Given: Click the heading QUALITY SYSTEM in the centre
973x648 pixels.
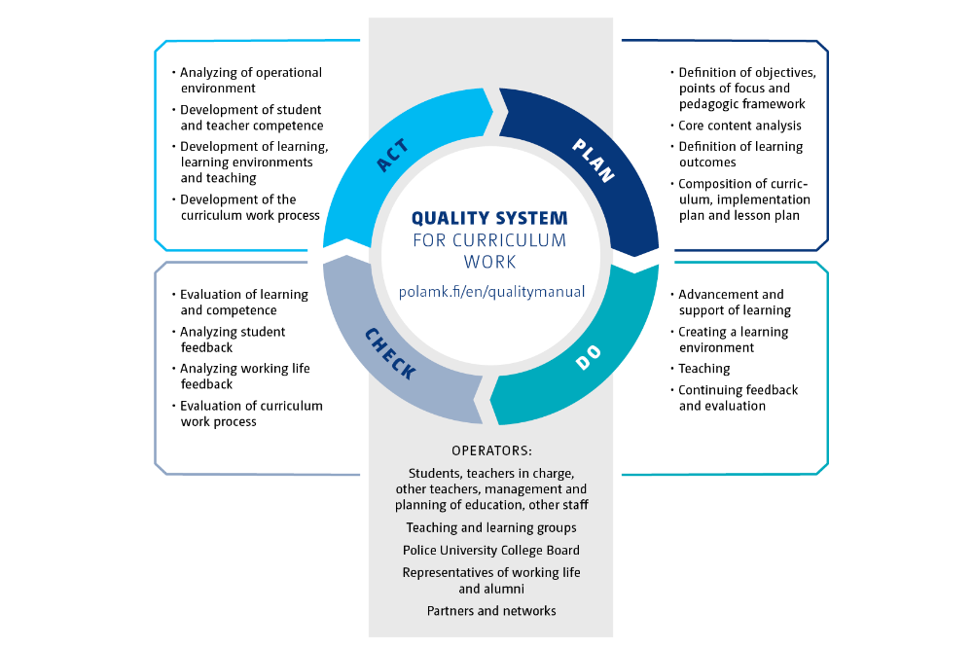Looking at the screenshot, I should tap(489, 218).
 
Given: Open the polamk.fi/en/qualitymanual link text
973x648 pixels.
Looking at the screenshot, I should tap(491, 290).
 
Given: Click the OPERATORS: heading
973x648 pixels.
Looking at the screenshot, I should tap(491, 450).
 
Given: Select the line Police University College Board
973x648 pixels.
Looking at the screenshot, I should tap(491, 550).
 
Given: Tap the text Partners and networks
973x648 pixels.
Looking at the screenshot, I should tap(491, 610).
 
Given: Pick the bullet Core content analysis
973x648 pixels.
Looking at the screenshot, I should tap(739, 126).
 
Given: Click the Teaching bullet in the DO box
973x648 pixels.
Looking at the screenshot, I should tap(703, 369).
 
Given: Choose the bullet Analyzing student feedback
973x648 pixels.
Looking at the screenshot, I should tap(233, 340).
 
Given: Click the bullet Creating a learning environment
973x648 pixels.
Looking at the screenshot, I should tap(733, 340).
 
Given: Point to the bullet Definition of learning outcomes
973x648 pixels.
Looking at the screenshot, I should tap(739, 155).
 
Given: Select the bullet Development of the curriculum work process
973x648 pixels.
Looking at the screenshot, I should tap(250, 207).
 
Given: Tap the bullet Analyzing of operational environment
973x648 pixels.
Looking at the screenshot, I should tap(250, 80).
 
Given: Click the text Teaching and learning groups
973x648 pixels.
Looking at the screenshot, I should tap(491, 527).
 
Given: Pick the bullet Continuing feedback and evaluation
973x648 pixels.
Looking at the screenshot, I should tap(738, 398).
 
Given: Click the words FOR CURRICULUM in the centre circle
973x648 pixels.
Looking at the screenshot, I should tap(489, 240).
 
